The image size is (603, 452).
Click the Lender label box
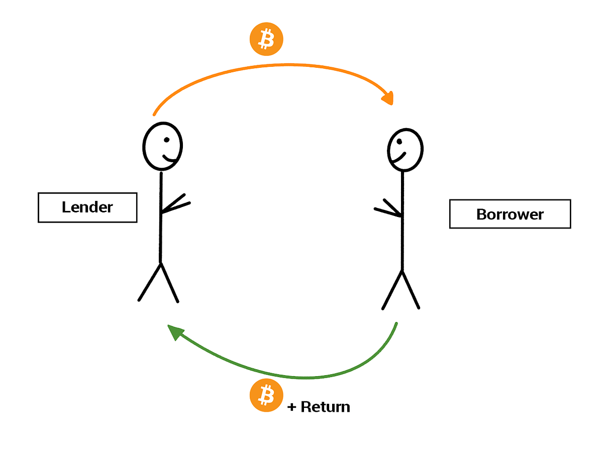87,207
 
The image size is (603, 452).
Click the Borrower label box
510,214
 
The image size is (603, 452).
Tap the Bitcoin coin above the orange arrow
266,39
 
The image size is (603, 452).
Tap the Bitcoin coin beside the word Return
266,395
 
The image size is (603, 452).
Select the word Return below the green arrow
325,407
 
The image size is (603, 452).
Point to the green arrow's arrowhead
175,331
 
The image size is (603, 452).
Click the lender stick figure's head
162,146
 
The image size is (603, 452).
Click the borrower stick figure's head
405,150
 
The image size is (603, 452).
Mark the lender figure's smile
169,160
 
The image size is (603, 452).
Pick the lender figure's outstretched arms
176,203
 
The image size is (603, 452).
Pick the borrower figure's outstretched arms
387,210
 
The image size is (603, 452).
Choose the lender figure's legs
159,284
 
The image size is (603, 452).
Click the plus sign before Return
292,407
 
